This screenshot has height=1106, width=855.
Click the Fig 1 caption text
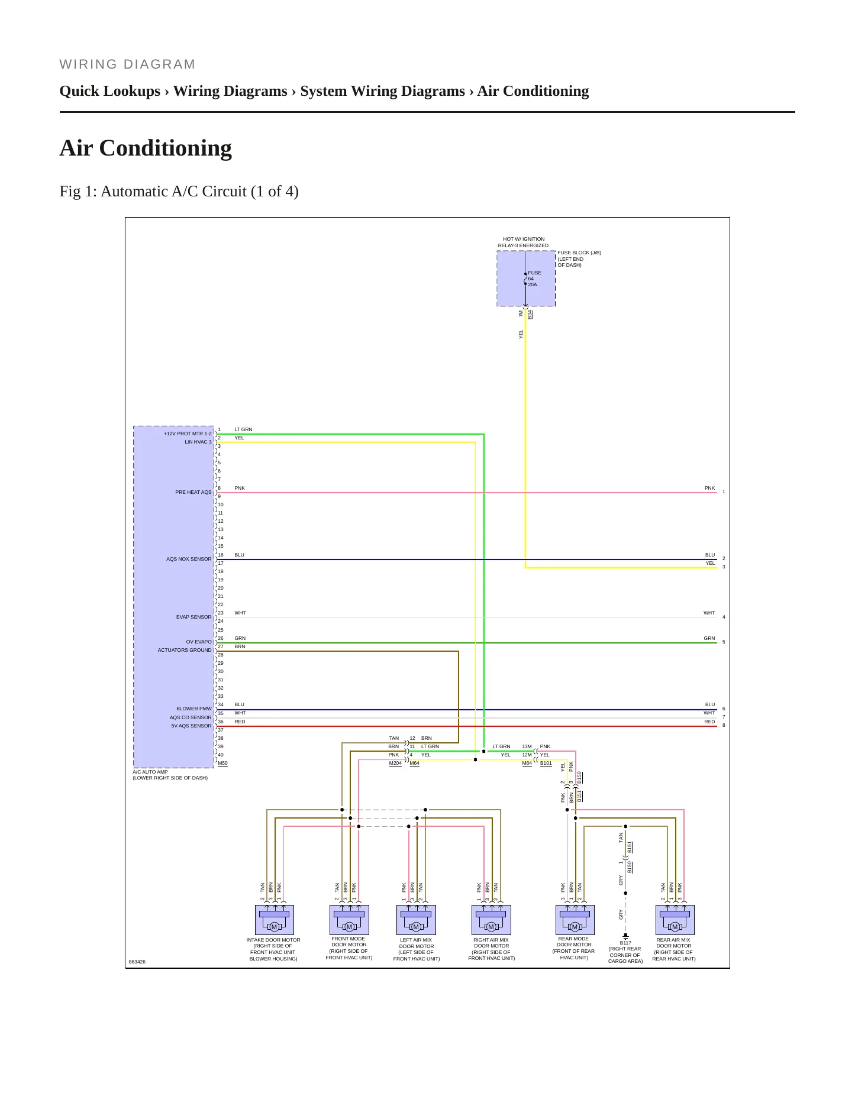point(179,192)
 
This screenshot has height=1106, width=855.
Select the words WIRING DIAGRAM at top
point(127,64)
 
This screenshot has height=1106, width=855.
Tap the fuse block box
point(526,279)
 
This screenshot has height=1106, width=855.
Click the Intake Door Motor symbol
point(275,920)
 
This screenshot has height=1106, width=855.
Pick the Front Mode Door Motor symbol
point(349,920)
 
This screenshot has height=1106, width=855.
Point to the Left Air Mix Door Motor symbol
point(416,920)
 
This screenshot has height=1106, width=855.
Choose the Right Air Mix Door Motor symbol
point(491,920)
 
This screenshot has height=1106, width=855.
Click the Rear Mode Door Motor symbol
point(575,920)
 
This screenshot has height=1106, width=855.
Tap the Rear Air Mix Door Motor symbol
point(675,920)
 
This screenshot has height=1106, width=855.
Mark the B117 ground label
point(625,943)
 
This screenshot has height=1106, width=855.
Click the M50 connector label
point(222,763)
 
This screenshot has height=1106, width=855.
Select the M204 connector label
point(395,763)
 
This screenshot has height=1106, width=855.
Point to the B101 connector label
point(546,763)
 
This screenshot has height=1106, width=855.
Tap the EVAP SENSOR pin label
point(193,617)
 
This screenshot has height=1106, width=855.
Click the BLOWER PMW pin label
point(193,709)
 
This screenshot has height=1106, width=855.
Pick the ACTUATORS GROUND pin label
point(185,650)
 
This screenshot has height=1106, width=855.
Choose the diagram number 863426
point(137,962)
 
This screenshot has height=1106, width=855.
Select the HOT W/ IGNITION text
point(524,239)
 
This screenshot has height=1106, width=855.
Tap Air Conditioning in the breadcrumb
point(533,91)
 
